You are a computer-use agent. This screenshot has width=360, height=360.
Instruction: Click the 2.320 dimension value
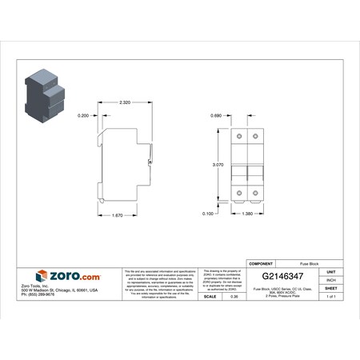pyautogui.click(x=125, y=103)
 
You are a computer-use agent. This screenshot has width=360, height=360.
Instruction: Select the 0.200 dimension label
pyautogui.click(x=82, y=116)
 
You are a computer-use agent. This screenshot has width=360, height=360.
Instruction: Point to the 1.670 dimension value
pyautogui.click(x=116, y=214)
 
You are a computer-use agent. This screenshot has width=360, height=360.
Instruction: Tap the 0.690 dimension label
pyautogui.click(x=215, y=116)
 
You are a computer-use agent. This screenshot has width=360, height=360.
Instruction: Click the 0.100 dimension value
pyautogui.click(x=208, y=214)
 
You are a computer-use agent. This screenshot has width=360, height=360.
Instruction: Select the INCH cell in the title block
pyautogui.click(x=330, y=280)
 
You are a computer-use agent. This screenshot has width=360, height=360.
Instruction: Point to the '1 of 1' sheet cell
pyautogui.click(x=330, y=297)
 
